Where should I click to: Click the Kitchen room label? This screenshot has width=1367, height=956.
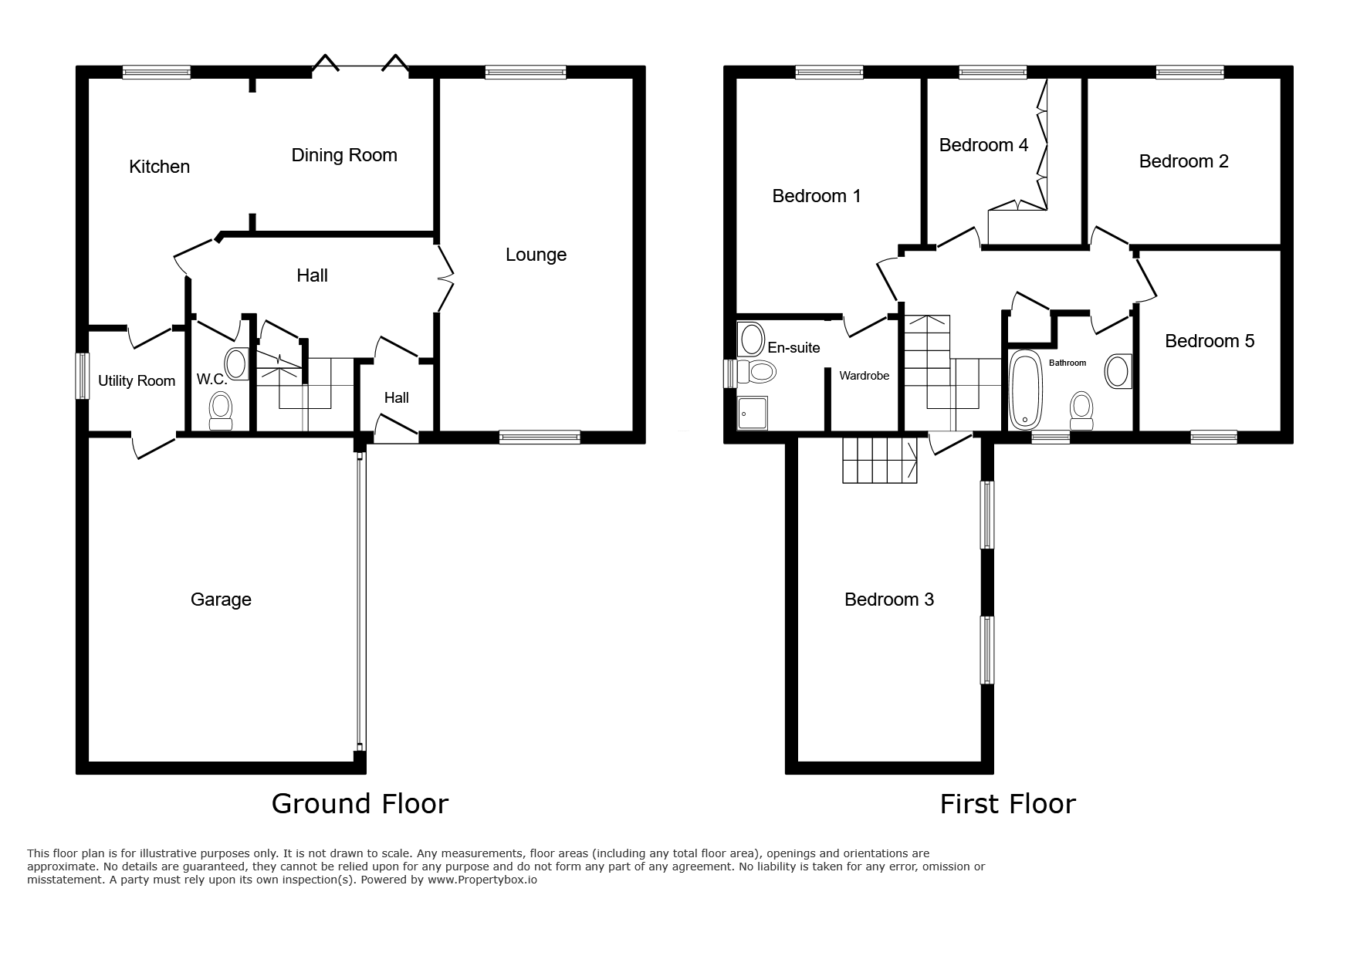(159, 167)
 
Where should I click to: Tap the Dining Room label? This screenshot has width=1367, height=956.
(344, 155)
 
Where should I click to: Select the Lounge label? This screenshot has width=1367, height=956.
(536, 255)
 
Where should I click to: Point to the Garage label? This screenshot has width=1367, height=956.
(221, 600)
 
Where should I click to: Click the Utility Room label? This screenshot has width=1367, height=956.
(137, 380)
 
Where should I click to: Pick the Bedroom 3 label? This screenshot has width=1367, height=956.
(889, 600)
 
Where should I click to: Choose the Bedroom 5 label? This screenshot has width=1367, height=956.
(1210, 341)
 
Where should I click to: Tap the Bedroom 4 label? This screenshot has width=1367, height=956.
(983, 145)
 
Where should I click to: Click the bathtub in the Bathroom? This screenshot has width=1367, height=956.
(1025, 390)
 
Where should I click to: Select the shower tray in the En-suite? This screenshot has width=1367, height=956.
(753, 414)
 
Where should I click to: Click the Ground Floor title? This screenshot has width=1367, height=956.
(360, 804)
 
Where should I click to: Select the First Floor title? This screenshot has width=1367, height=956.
(1007, 804)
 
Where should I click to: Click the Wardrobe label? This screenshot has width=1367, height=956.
(865, 376)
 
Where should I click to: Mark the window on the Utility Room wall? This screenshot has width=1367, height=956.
(82, 376)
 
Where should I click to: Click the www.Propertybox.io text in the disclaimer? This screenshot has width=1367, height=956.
(482, 880)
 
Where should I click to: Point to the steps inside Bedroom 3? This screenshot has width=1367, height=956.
(879, 460)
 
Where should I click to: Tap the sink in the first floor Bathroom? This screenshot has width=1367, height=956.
(1118, 371)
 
